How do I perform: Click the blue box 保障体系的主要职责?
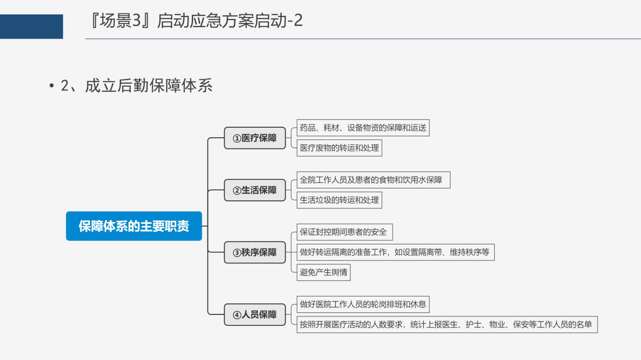tap(134, 226)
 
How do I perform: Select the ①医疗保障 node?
tap(255, 138)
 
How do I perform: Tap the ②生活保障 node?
tap(255, 190)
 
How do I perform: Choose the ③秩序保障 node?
tap(255, 252)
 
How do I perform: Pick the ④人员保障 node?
tap(255, 314)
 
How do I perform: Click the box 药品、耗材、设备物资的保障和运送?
tap(363, 128)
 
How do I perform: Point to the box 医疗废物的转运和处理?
tap(340, 148)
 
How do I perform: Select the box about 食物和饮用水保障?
tap(374, 180)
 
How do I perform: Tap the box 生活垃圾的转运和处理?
tap(340, 200)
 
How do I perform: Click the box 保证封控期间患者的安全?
tap(345, 232)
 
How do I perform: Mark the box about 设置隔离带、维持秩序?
tap(396, 252)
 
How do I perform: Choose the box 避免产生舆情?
tap(324, 272)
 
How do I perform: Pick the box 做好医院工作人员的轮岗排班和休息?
tap(363, 304)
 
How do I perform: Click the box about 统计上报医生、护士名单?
tap(447, 324)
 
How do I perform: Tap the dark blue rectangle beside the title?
tap(32, 27)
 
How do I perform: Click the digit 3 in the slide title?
tap(137, 21)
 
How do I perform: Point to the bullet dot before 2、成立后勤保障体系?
tap(52, 86)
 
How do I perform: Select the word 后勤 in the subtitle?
tap(133, 86)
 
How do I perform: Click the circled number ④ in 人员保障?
tap(237, 315)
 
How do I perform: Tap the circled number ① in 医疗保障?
tap(237, 139)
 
